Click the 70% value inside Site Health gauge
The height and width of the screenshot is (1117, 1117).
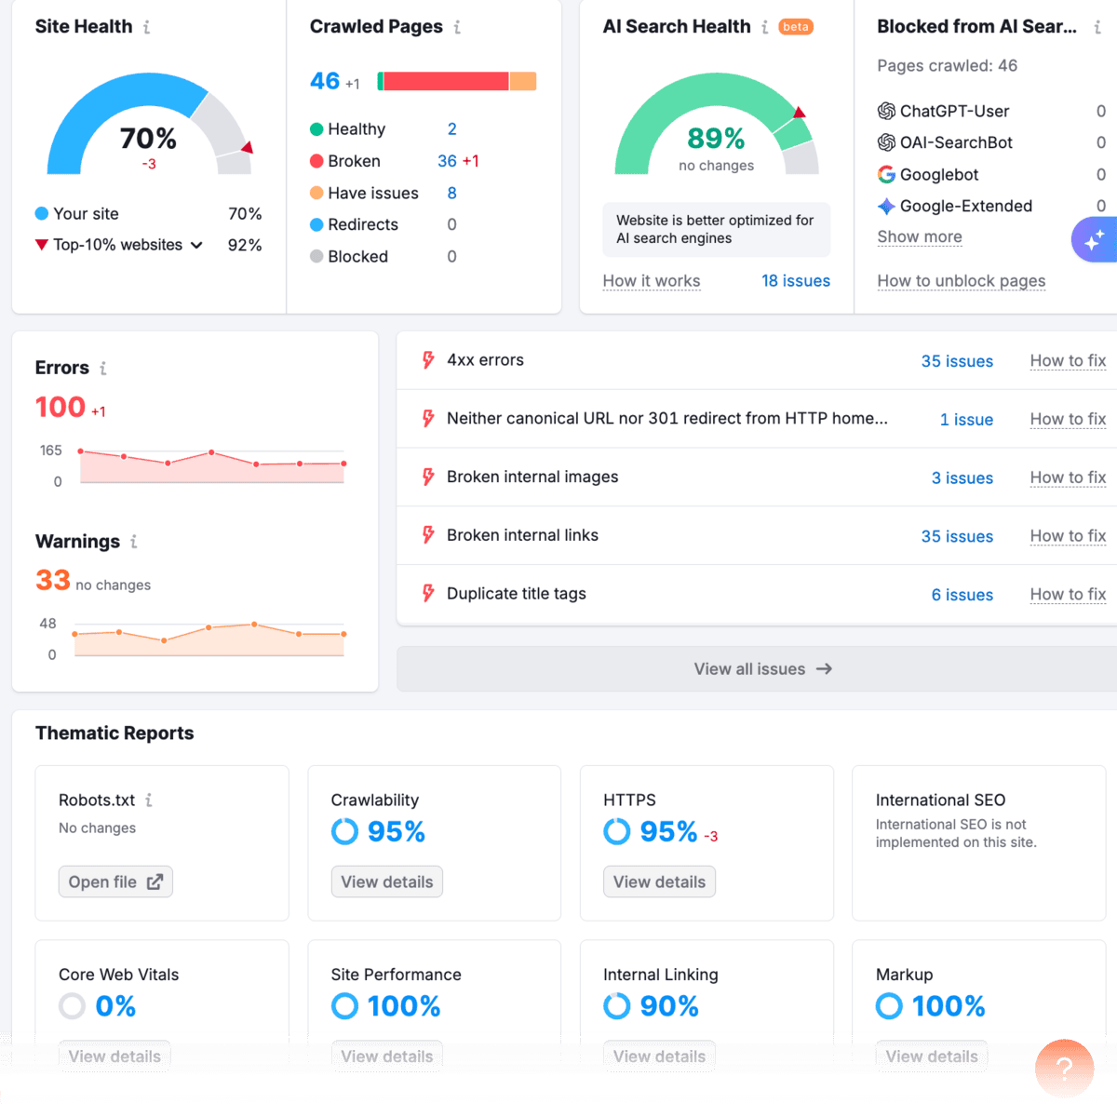click(x=148, y=139)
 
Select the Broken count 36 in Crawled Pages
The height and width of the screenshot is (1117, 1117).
click(x=447, y=161)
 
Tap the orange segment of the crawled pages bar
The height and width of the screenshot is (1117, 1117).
click(x=522, y=82)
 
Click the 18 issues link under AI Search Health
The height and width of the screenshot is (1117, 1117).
click(x=795, y=281)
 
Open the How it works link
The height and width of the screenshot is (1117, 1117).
click(x=651, y=281)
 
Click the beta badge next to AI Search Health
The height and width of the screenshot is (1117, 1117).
click(x=795, y=27)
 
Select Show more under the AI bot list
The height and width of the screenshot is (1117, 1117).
click(x=919, y=237)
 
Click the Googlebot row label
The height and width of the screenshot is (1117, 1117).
click(x=938, y=175)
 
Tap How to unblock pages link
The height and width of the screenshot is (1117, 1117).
click(x=961, y=281)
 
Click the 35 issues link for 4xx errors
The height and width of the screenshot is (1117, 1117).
click(x=956, y=361)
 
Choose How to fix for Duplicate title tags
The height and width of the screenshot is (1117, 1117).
click(x=1067, y=595)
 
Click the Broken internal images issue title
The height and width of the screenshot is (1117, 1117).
click(x=532, y=478)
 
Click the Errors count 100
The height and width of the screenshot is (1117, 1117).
click(x=61, y=408)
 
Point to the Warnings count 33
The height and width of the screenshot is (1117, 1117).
click(x=53, y=581)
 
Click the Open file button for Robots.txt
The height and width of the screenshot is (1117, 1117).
click(x=115, y=881)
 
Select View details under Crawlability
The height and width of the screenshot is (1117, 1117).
click(x=386, y=881)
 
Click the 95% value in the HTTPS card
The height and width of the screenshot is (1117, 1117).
click(x=667, y=831)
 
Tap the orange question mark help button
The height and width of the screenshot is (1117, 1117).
click(x=1064, y=1069)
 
